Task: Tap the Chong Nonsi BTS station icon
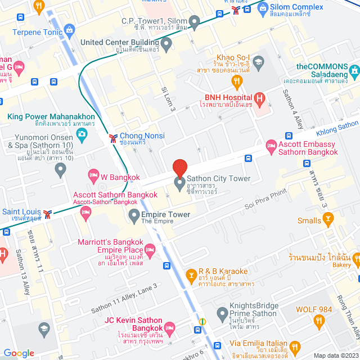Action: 113,136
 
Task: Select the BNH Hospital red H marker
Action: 259,99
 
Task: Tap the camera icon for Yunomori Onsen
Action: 82,134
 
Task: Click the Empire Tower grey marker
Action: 134,215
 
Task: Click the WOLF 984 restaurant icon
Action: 319,321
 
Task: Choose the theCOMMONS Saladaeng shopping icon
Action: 354,72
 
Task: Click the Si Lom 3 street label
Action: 169,99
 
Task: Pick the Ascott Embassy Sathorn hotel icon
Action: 271,146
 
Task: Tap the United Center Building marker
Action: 166,43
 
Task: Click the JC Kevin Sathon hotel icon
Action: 168,327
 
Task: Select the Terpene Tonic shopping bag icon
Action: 69,29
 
